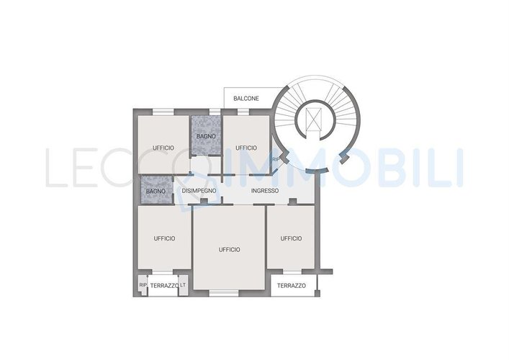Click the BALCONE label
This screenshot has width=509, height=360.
[246, 99]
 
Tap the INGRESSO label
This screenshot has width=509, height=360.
[265, 191]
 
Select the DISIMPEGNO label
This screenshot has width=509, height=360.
[199, 191]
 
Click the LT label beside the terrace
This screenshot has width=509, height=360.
[183, 284]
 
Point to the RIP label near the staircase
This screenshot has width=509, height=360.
[276, 159]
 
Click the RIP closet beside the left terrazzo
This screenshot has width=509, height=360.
[142, 285]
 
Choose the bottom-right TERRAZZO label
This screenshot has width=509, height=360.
[291, 286]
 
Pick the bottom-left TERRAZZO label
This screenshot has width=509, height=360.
[164, 286]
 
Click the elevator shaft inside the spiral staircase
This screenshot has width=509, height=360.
[314, 119]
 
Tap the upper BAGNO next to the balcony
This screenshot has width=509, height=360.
[206, 135]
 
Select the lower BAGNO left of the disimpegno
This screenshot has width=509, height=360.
[156, 191]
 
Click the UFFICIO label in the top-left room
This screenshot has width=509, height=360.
[163, 148]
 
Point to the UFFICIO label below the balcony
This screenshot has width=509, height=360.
[246, 148]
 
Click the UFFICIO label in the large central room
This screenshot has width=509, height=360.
[230, 250]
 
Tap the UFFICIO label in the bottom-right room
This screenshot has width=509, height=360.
[291, 238]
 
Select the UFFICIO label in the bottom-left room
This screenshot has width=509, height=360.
[164, 238]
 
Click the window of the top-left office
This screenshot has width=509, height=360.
[163, 112]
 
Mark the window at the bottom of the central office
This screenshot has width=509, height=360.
[224, 293]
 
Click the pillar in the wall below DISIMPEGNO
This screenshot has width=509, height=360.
[204, 202]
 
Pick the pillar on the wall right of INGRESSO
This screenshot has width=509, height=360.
[293, 202]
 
